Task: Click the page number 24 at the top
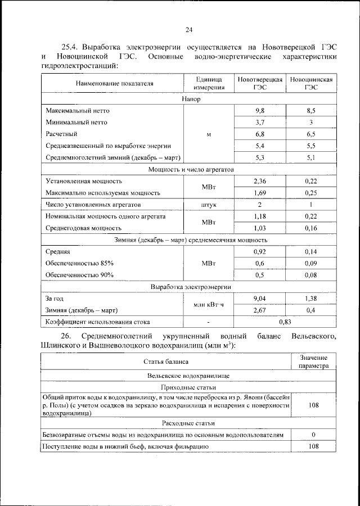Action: point(188,30)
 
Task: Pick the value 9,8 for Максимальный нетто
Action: point(259,111)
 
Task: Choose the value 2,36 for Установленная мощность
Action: point(259,181)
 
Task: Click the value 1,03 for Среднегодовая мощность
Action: point(259,228)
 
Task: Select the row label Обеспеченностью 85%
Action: point(79,263)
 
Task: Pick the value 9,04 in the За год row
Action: point(259,299)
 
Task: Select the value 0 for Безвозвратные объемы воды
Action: point(313,435)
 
